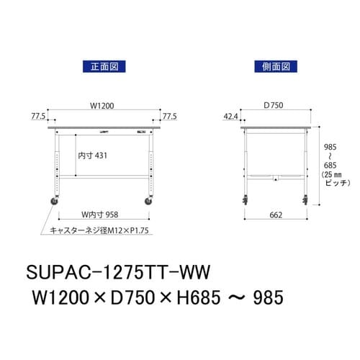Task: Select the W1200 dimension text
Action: [102, 106]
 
